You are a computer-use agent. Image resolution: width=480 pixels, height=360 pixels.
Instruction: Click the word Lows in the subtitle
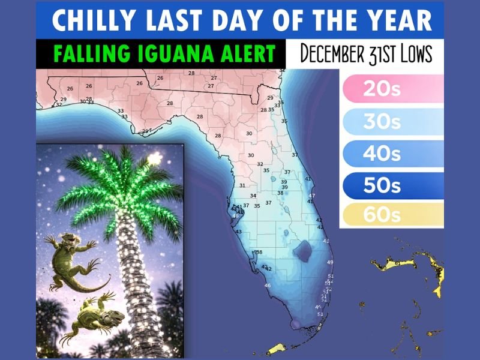(x=411, y=53)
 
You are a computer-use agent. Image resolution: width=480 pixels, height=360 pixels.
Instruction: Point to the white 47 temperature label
(x=311, y=196)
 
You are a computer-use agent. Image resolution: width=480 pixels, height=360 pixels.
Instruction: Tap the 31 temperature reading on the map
(x=242, y=185)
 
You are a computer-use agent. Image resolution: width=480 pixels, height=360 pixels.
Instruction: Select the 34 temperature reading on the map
(x=253, y=196)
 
